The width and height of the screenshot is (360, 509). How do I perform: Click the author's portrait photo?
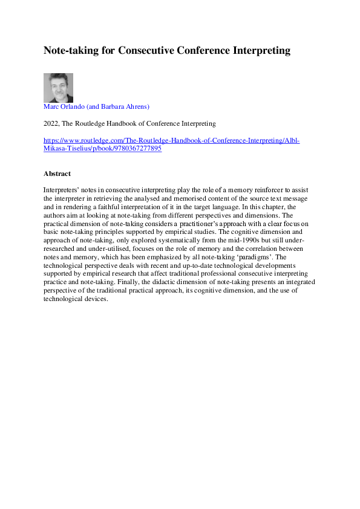(58, 88)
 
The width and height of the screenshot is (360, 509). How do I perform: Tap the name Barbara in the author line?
(114, 106)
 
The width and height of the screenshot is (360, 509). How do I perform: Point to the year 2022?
(50, 123)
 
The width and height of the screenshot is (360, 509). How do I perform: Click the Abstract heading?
(57, 173)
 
